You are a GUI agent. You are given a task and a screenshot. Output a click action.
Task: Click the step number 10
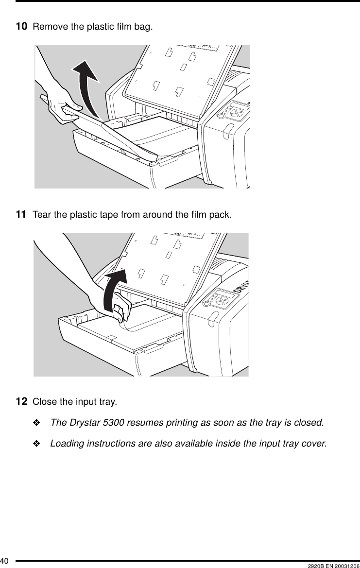pyautogui.click(x=21, y=26)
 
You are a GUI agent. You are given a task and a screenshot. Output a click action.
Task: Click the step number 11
pyautogui.click(x=21, y=214)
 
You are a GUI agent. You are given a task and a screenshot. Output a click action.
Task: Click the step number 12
pyautogui.click(x=21, y=402)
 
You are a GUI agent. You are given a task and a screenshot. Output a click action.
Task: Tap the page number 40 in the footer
pyautogui.click(x=5, y=563)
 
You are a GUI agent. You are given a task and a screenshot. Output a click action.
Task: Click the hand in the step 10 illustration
pyautogui.click(x=63, y=104)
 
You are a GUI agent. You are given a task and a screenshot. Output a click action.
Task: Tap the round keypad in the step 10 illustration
pyautogui.click(x=236, y=111)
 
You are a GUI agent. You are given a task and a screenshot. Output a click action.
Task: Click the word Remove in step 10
pyautogui.click(x=45, y=26)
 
